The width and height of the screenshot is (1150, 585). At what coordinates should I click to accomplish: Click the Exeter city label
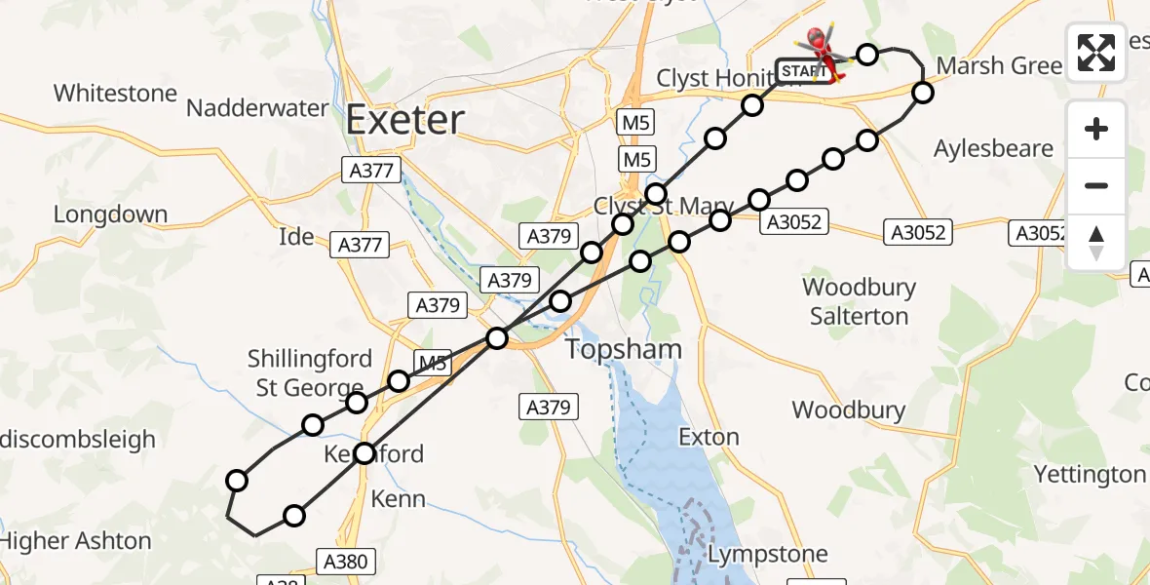(405, 120)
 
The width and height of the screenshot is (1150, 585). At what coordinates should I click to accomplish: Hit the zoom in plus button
(1096, 129)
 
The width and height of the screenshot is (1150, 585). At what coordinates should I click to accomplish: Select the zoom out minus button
(1096, 185)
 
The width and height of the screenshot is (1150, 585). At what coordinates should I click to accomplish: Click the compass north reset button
(1096, 242)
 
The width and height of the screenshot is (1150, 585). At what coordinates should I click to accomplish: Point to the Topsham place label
(625, 349)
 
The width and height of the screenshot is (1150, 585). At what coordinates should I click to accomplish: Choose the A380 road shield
(345, 561)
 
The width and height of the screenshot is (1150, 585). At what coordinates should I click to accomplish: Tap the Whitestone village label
(115, 94)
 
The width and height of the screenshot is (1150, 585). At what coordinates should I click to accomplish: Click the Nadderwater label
(257, 107)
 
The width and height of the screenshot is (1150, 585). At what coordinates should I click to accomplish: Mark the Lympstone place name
(767, 554)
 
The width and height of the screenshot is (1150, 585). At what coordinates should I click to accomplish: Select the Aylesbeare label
(993, 148)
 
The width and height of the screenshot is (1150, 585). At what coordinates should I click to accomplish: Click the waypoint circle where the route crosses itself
(497, 338)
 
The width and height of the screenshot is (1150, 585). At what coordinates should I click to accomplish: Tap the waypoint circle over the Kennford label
(364, 452)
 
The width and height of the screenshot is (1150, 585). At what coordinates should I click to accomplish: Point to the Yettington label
(1089, 475)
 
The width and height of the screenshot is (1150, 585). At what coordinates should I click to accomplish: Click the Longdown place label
(110, 214)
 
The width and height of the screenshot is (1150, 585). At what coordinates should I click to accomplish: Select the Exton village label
(709, 436)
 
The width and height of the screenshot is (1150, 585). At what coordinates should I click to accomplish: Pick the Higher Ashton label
(76, 541)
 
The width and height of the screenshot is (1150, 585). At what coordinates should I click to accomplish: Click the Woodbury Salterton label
(859, 301)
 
